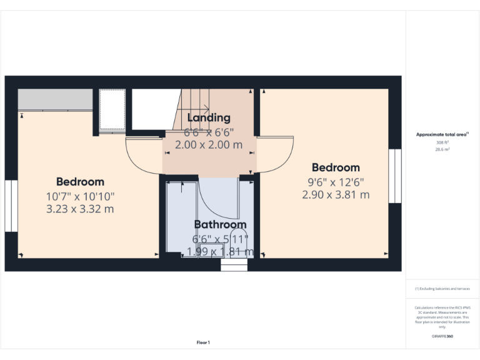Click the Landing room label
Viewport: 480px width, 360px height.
tap(209, 117)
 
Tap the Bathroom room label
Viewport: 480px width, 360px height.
tap(220, 224)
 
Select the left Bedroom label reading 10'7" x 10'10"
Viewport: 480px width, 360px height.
tap(80, 196)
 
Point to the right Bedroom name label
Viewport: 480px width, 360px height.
tap(336, 167)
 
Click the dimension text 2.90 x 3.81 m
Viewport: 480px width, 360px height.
tap(336, 195)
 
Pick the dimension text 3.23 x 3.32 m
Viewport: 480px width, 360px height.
tap(80, 209)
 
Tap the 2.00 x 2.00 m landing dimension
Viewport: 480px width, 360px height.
tap(209, 145)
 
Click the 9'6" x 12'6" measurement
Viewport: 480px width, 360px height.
tap(336, 182)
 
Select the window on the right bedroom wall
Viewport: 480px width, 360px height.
tap(394, 176)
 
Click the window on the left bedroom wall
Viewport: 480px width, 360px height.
tap(11, 206)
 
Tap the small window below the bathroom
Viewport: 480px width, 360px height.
tap(234, 266)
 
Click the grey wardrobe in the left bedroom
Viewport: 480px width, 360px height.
tap(55, 99)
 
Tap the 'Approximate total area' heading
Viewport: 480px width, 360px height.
tap(442, 134)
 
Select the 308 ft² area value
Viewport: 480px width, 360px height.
tap(442, 142)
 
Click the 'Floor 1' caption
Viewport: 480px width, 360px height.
tap(203, 342)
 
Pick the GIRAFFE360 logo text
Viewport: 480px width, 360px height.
tap(442, 336)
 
